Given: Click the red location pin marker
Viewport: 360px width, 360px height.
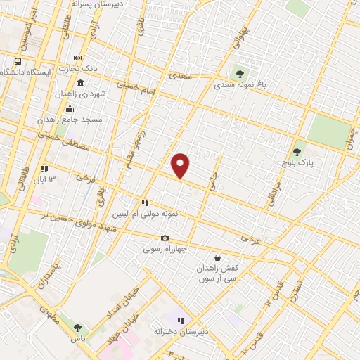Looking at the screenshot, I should [x=181, y=165].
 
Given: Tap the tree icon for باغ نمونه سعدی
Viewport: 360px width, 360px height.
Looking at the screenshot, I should [x=240, y=73].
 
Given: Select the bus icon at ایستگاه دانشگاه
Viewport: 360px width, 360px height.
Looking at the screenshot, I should [x=18, y=60].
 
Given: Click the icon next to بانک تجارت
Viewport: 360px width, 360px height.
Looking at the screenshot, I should [x=77, y=58].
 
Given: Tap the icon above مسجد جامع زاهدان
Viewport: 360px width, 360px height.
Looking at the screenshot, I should [x=70, y=109].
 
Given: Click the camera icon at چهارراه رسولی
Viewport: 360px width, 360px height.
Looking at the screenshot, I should [x=165, y=239].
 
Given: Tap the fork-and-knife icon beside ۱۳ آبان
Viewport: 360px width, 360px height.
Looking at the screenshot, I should [x=44, y=169].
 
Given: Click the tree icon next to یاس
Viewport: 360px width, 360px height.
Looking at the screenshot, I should [x=78, y=327].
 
